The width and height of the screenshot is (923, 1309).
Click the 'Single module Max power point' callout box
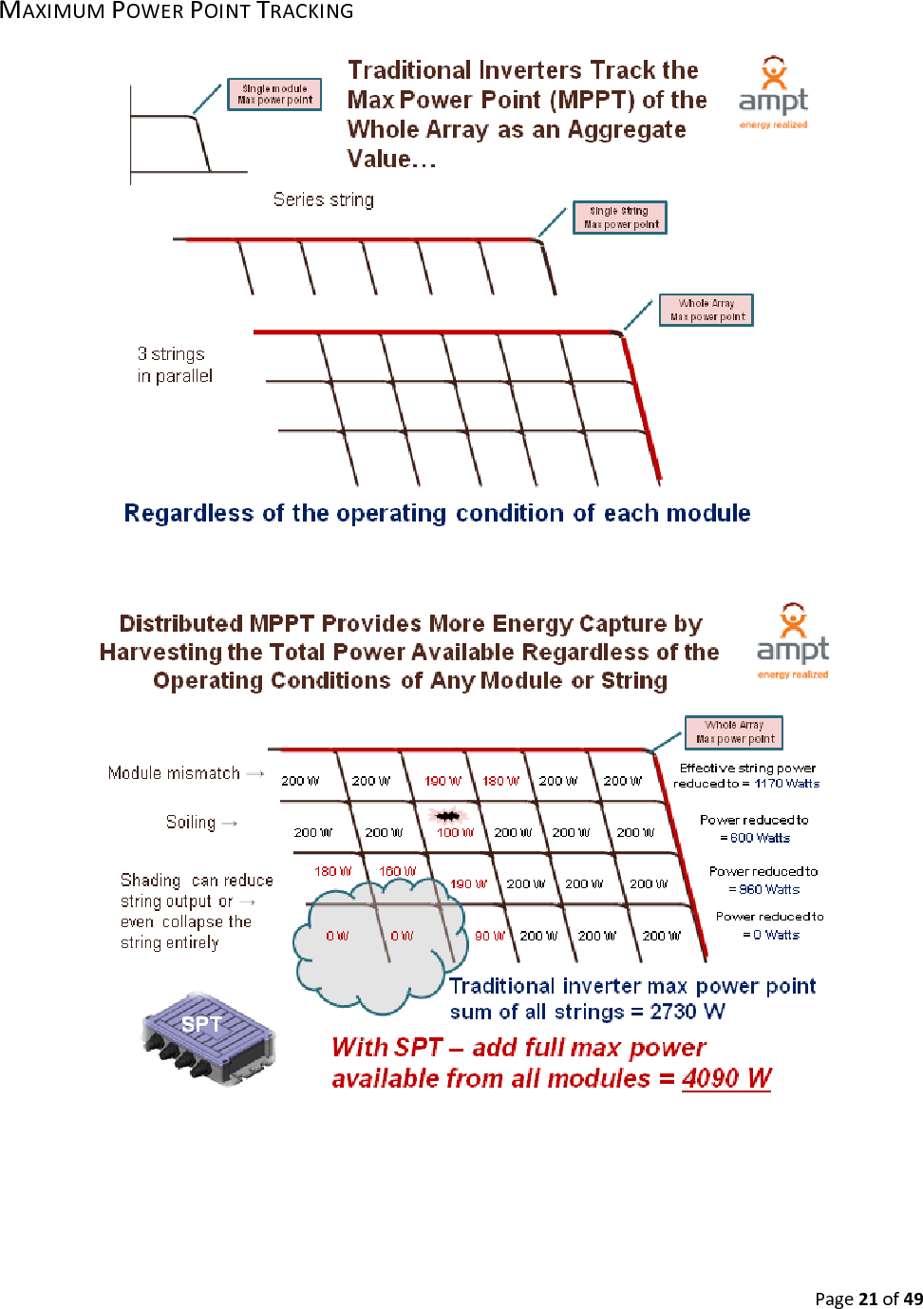(x=274, y=94)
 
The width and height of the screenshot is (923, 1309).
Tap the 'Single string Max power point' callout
(x=620, y=218)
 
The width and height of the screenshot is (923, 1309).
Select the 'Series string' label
(x=323, y=199)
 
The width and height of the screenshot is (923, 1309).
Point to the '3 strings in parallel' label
(x=175, y=365)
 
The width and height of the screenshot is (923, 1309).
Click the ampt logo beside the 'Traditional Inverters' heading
(x=773, y=93)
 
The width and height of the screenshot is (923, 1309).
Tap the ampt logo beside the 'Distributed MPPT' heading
(x=792, y=641)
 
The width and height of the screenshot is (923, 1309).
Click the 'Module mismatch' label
(x=174, y=773)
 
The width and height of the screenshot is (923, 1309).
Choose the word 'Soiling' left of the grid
(x=191, y=823)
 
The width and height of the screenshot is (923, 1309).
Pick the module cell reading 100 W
(x=455, y=832)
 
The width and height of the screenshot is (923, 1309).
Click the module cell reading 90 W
(x=489, y=936)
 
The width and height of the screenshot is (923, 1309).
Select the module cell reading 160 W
(x=397, y=871)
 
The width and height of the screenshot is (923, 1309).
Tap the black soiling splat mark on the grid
(x=447, y=816)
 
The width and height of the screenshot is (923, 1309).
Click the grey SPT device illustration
(x=209, y=1038)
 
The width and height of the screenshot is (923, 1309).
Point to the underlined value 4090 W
(x=726, y=1078)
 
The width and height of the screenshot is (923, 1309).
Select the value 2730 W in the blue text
(x=687, y=1012)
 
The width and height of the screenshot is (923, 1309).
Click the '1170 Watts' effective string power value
(x=786, y=784)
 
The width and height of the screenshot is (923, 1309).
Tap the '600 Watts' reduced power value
(x=760, y=838)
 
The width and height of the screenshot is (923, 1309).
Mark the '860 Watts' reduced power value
(x=769, y=889)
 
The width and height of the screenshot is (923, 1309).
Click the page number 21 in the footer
(x=868, y=1299)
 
